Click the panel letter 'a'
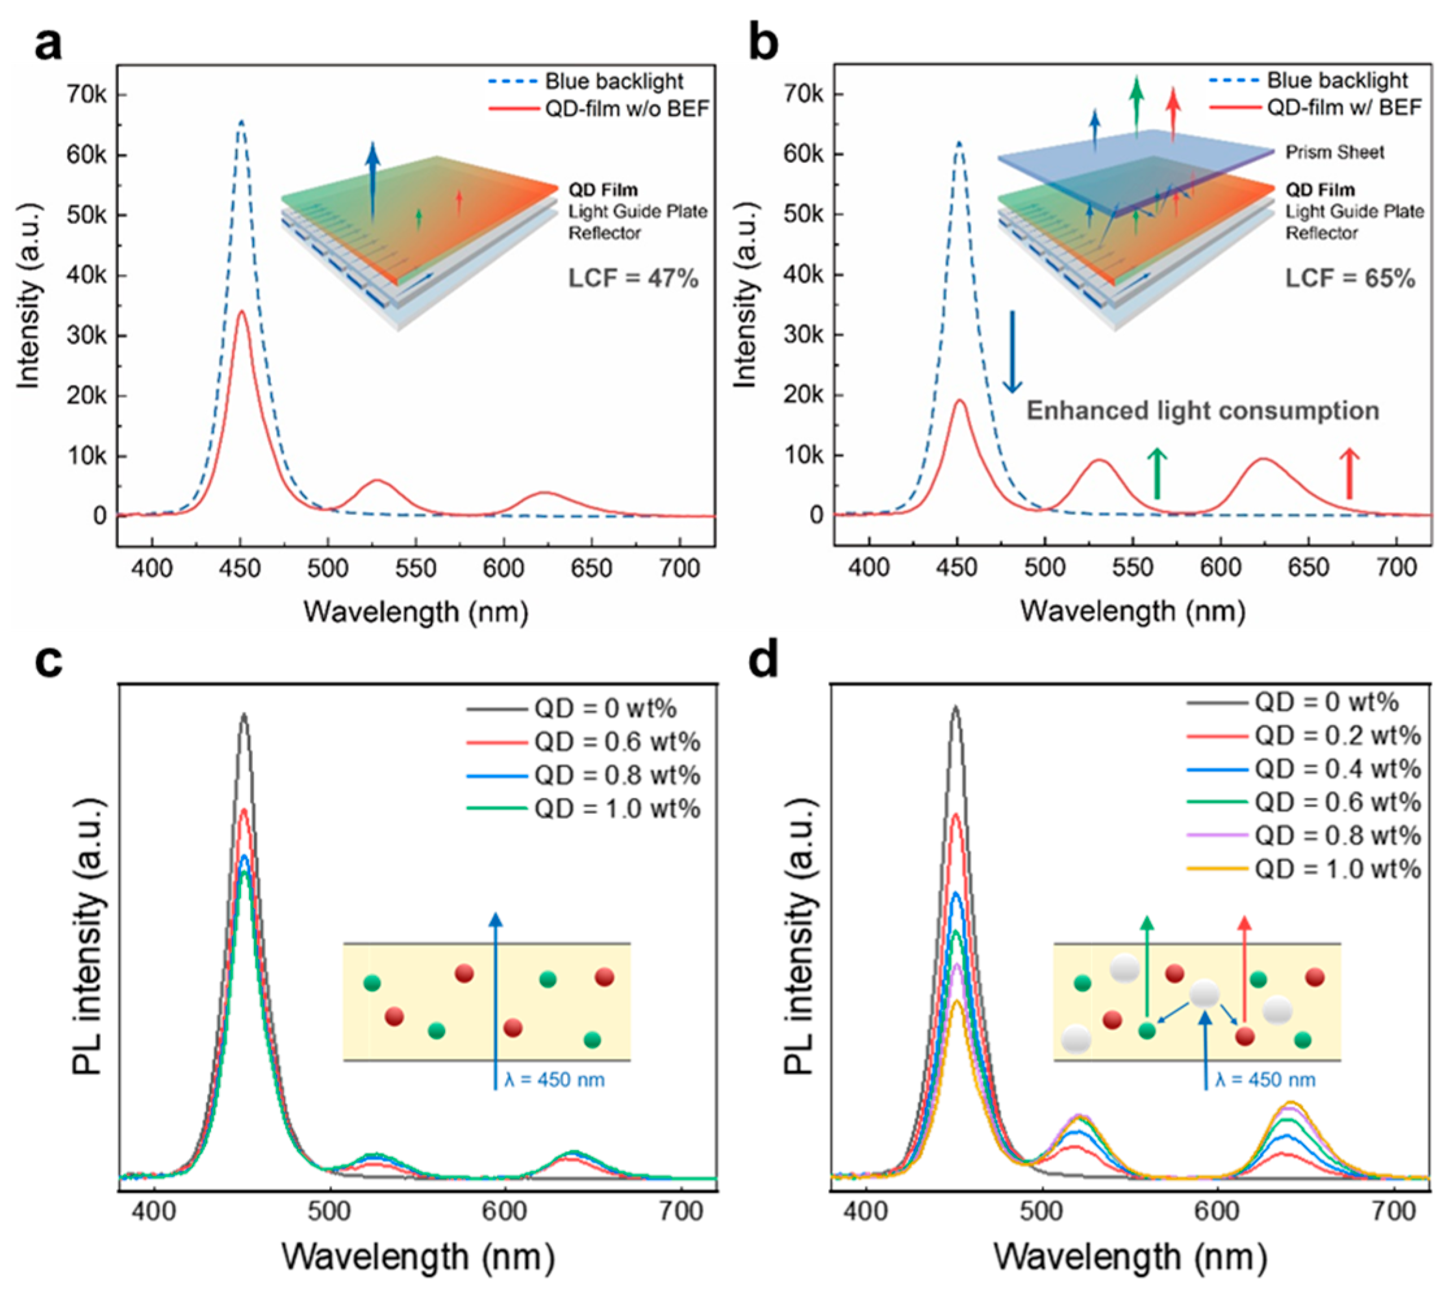click(49, 44)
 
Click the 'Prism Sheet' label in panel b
click(1334, 152)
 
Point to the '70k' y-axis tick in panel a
click(86, 95)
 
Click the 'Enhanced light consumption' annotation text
click(1202, 411)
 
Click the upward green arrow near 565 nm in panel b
click(1157, 472)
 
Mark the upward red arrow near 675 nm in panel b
click(1348, 472)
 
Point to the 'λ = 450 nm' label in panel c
click(554, 1079)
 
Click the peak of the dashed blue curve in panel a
click(241, 121)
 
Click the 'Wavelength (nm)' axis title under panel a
click(415, 612)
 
